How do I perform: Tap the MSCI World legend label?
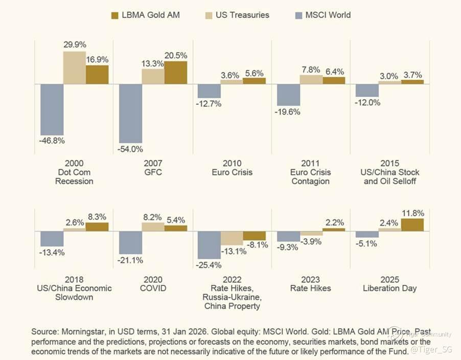[x=328, y=14]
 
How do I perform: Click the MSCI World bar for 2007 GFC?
[x=130, y=113]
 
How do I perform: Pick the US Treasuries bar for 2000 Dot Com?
[x=75, y=67]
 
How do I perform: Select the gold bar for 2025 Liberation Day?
[x=412, y=224]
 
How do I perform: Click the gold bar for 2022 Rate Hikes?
[x=255, y=236]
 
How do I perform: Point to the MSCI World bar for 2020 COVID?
[x=130, y=242]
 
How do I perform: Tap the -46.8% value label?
[x=52, y=141]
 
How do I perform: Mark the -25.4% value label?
[x=209, y=265]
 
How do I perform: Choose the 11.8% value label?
[x=412, y=212]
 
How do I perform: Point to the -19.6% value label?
[x=288, y=112]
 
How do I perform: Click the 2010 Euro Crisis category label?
[x=232, y=168]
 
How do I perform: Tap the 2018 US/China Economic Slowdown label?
[x=74, y=288]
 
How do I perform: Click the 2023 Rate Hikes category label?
[x=310, y=284]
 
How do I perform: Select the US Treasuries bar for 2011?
[x=311, y=79]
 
